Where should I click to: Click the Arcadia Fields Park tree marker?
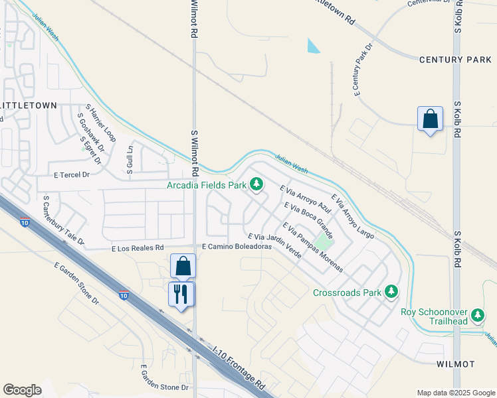coord(256,184)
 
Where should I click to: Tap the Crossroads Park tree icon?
coord(392,291)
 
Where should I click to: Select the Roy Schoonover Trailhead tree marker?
coord(476,313)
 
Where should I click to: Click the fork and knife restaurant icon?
coord(181,293)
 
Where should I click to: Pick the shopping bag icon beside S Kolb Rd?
coord(431,119)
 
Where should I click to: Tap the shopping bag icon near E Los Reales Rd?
coord(183,266)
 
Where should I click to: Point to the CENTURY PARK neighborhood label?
coord(455,60)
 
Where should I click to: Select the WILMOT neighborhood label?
coord(455,364)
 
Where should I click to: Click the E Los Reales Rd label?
coord(138,248)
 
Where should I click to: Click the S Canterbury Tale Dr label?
coord(63,220)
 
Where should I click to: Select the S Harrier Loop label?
coord(101,123)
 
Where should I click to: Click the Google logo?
coord(22,389)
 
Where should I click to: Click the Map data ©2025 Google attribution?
coord(456,393)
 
